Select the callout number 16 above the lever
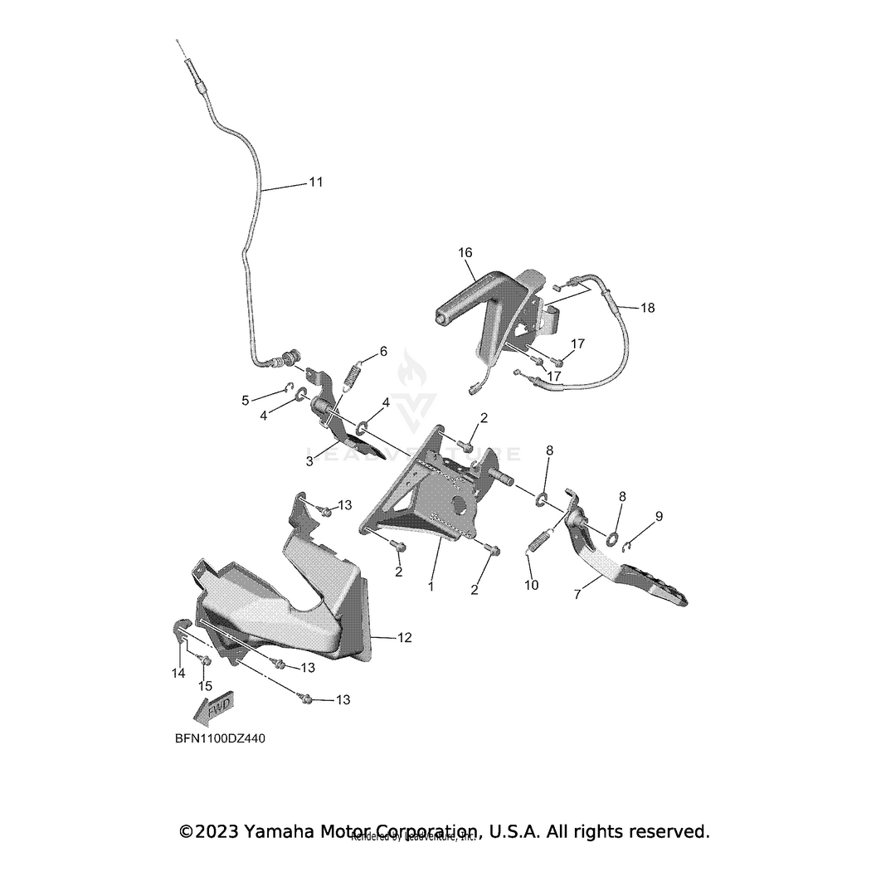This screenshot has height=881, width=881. [464, 252]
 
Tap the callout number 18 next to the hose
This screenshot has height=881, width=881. [647, 307]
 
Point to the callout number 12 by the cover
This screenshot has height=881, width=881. [405, 638]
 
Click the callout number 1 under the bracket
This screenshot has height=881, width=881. [431, 586]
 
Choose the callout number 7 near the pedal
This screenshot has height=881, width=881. [577, 594]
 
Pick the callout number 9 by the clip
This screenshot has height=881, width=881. [659, 516]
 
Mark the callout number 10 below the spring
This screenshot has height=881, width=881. [531, 585]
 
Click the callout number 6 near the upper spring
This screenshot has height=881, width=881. [383, 351]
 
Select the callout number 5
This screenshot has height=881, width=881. [245, 400]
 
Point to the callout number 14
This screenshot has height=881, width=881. [178, 674]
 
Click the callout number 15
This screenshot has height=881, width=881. [204, 685]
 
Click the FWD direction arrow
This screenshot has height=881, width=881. [214, 707]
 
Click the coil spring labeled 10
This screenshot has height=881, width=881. [540, 548]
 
